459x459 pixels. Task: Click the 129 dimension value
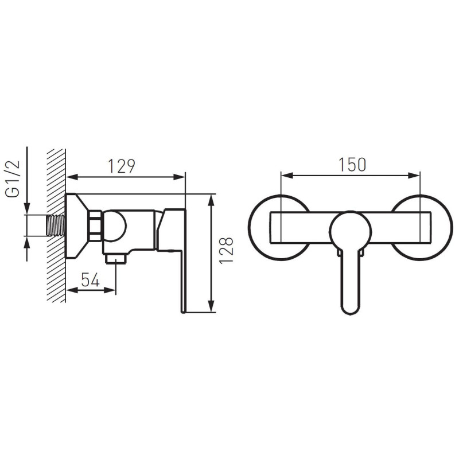[122, 166]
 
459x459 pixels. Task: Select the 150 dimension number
[352, 165]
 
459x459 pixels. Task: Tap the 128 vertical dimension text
[226, 251]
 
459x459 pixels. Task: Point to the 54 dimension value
[90, 279]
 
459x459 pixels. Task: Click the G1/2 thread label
[13, 179]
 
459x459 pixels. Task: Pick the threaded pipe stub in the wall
[56, 225]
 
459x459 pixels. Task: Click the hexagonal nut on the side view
[95, 225]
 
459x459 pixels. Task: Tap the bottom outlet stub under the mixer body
[116, 259]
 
